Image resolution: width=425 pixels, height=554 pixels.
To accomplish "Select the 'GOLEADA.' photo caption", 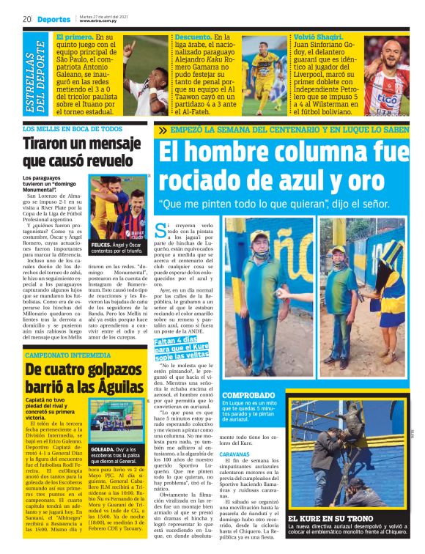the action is click(x=102, y=448).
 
